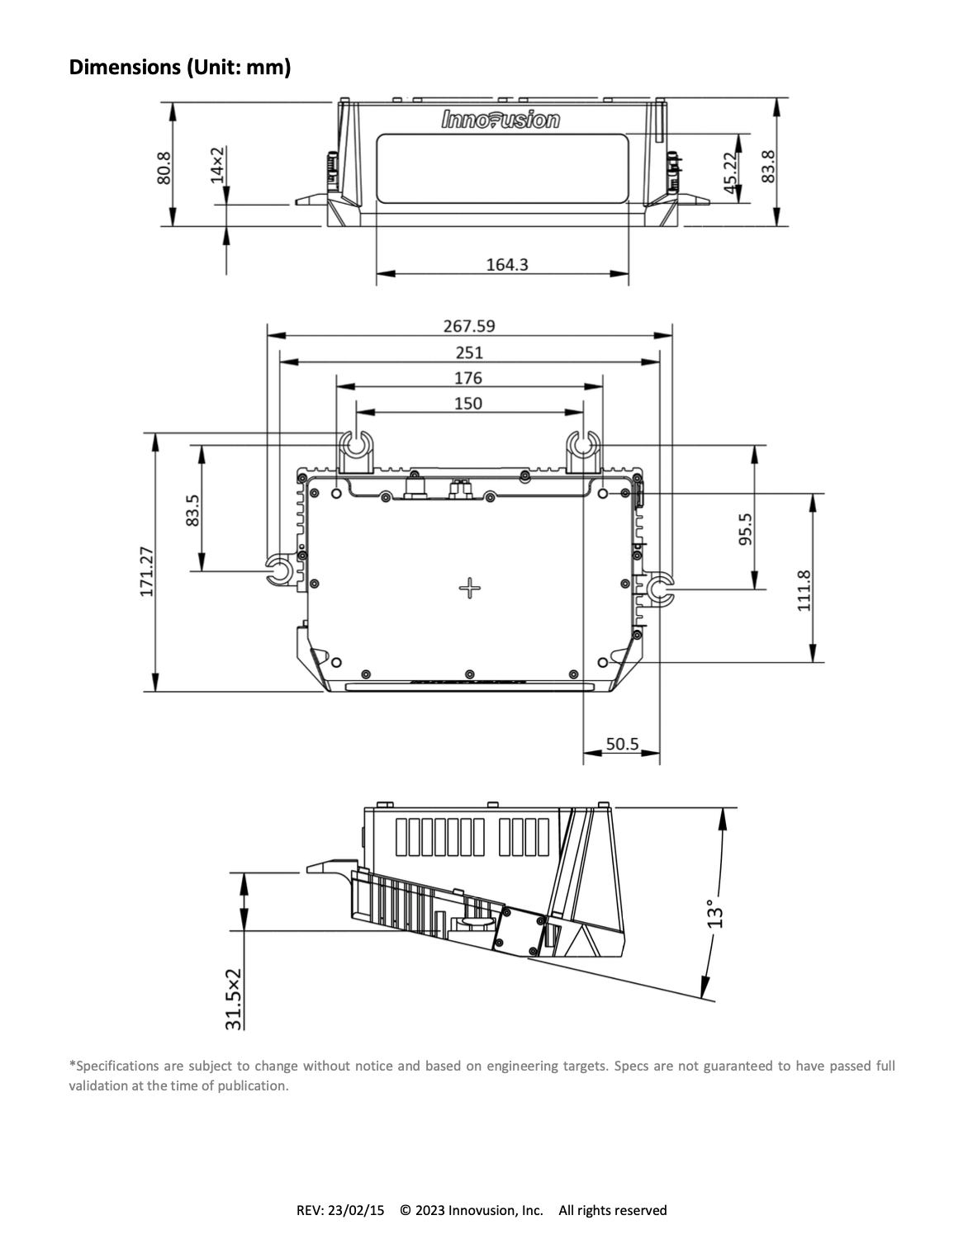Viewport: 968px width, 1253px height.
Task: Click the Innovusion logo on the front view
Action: tap(501, 120)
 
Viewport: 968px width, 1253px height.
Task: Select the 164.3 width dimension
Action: tap(507, 265)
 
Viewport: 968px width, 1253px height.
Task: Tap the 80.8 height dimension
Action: tap(164, 168)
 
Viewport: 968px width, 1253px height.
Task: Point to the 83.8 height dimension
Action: tap(768, 167)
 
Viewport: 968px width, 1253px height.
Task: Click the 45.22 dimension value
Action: tap(730, 173)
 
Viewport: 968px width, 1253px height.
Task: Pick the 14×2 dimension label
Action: tap(217, 165)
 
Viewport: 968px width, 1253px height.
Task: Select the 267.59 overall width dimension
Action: tap(469, 326)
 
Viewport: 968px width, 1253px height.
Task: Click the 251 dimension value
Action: tap(469, 352)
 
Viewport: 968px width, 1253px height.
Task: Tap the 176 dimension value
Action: tap(467, 378)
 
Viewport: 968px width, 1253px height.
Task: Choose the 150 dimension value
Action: tap(467, 404)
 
